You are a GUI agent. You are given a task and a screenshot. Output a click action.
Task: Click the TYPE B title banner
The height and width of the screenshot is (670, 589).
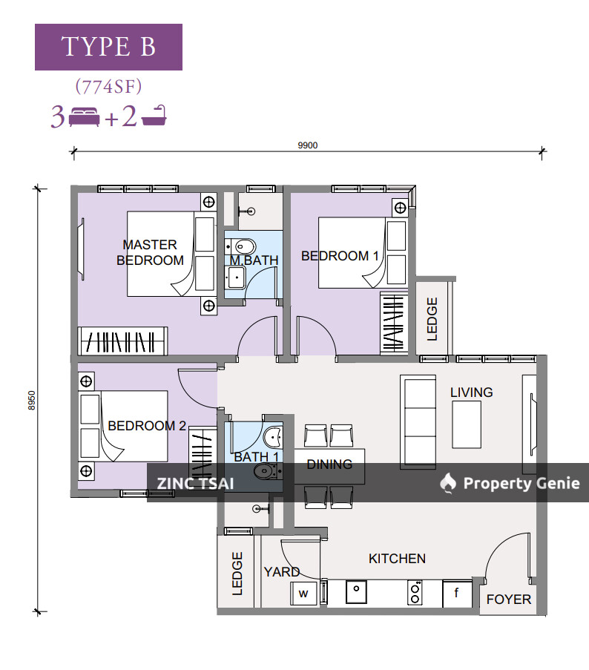[108, 47]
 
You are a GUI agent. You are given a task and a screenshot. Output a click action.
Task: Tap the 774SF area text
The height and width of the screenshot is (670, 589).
[108, 86]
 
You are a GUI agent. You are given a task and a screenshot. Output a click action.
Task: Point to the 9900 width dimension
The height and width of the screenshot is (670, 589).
[307, 145]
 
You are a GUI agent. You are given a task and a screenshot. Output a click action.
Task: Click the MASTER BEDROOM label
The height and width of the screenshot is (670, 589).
[150, 252]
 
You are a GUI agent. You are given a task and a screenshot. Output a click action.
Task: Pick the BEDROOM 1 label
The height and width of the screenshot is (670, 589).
[340, 256]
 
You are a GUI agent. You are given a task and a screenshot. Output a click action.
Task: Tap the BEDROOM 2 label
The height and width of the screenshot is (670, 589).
[147, 426]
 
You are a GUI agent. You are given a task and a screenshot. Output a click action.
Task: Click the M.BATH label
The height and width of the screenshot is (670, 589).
[243, 260]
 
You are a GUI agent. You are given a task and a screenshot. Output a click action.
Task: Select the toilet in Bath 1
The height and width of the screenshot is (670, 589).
[265, 471]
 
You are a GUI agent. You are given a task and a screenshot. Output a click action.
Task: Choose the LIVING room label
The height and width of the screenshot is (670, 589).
[471, 393]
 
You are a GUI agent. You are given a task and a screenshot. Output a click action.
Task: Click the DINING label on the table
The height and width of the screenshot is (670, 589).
[329, 464]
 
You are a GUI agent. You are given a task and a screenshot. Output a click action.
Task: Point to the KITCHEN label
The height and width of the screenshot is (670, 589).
[397, 559]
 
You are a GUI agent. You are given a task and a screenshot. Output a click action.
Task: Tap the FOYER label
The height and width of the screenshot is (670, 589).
[509, 599]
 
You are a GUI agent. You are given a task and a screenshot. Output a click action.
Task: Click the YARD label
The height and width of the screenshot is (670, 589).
[282, 572]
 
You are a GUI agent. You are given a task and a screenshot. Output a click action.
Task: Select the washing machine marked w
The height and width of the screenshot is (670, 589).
[303, 594]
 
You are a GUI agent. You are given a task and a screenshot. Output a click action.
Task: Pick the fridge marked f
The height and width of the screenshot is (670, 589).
[456, 594]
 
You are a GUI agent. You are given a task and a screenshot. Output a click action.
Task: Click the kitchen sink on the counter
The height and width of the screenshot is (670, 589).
[358, 592]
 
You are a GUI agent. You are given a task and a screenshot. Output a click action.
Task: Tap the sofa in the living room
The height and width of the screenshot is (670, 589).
[417, 421]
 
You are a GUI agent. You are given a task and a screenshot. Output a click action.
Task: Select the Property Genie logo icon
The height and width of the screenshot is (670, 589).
[447, 484]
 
